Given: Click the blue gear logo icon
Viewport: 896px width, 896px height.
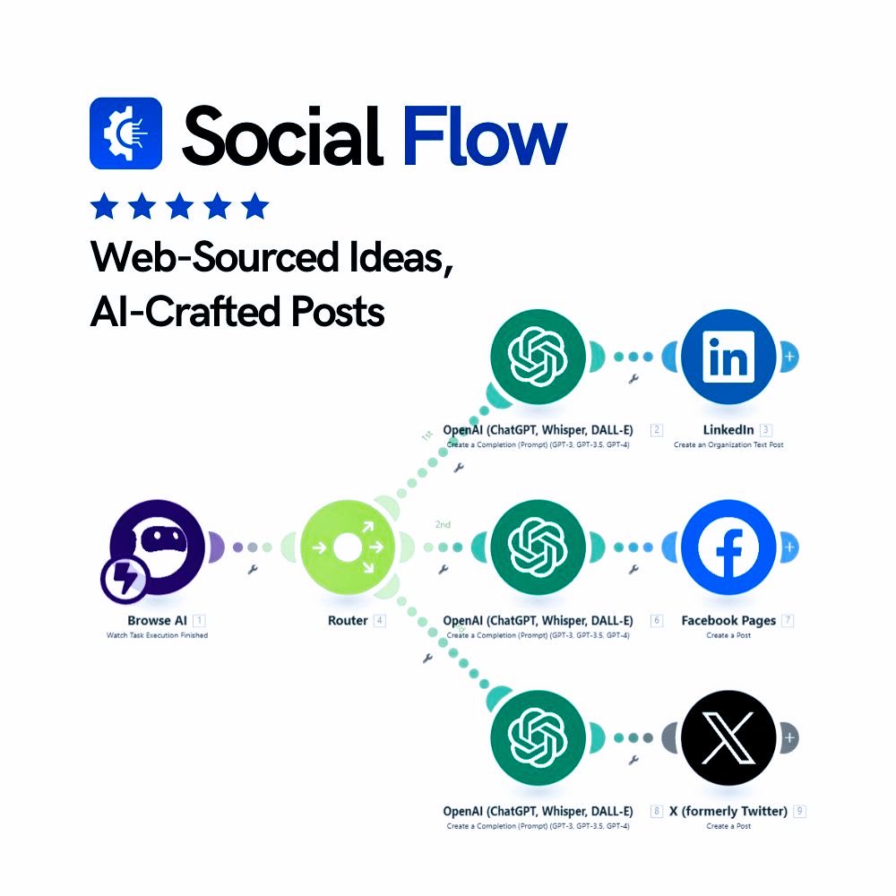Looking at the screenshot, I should tap(125, 134).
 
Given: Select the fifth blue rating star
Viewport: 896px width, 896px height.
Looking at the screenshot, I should tap(255, 206).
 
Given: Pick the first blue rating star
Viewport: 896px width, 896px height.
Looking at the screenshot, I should tap(104, 206).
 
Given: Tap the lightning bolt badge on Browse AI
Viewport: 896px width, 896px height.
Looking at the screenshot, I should tap(125, 580).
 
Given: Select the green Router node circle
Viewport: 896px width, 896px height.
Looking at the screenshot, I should tap(344, 547).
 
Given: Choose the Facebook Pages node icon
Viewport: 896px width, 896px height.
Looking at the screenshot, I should tap(728, 547).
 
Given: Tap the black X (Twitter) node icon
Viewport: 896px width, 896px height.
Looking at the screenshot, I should tap(728, 738).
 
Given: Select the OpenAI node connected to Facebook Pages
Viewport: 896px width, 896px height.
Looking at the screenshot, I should tap(538, 547).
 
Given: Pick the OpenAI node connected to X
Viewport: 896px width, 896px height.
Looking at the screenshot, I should tap(538, 738).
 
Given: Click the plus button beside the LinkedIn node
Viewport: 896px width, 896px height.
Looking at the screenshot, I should tap(789, 357).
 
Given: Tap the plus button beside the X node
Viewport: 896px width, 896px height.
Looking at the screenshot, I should tap(789, 738).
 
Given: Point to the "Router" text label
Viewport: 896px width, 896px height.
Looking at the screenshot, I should tap(348, 620).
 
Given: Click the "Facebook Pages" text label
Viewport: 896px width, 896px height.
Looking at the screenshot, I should tap(729, 620).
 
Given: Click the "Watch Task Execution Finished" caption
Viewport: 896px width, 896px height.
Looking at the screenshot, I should tap(157, 635).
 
